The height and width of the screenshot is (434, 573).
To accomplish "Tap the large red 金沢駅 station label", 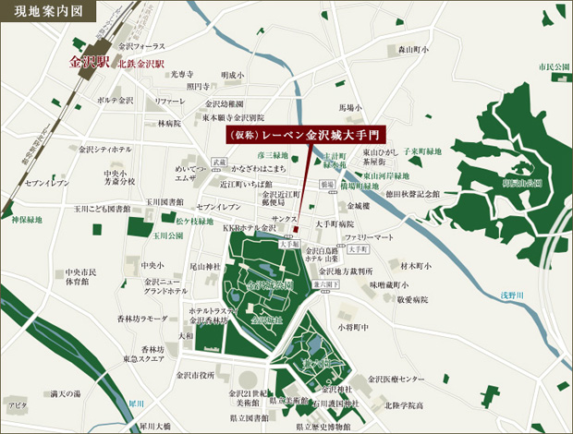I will click(89, 64).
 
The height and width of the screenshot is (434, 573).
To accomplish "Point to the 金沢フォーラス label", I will click(142, 46).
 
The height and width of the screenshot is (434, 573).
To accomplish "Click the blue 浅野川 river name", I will click(538, 295).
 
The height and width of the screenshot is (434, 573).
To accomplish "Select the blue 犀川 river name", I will click(137, 404).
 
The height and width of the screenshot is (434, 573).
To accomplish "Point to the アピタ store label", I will click(17, 404).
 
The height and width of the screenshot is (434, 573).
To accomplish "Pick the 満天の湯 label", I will click(65, 394).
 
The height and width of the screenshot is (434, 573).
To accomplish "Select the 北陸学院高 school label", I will click(404, 404).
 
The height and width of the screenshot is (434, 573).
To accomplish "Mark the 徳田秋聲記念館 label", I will click(413, 194).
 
